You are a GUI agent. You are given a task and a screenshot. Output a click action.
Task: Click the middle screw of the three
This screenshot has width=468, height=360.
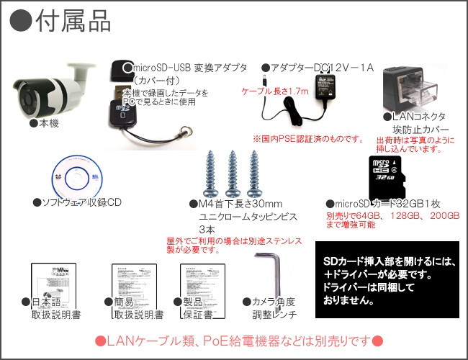pyautogui.click(x=233, y=173)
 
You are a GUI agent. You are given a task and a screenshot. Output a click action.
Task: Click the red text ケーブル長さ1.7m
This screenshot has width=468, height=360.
pyautogui.click(x=274, y=91)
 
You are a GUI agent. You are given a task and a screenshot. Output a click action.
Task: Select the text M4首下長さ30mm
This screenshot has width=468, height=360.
pyautogui.click(x=234, y=204)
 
